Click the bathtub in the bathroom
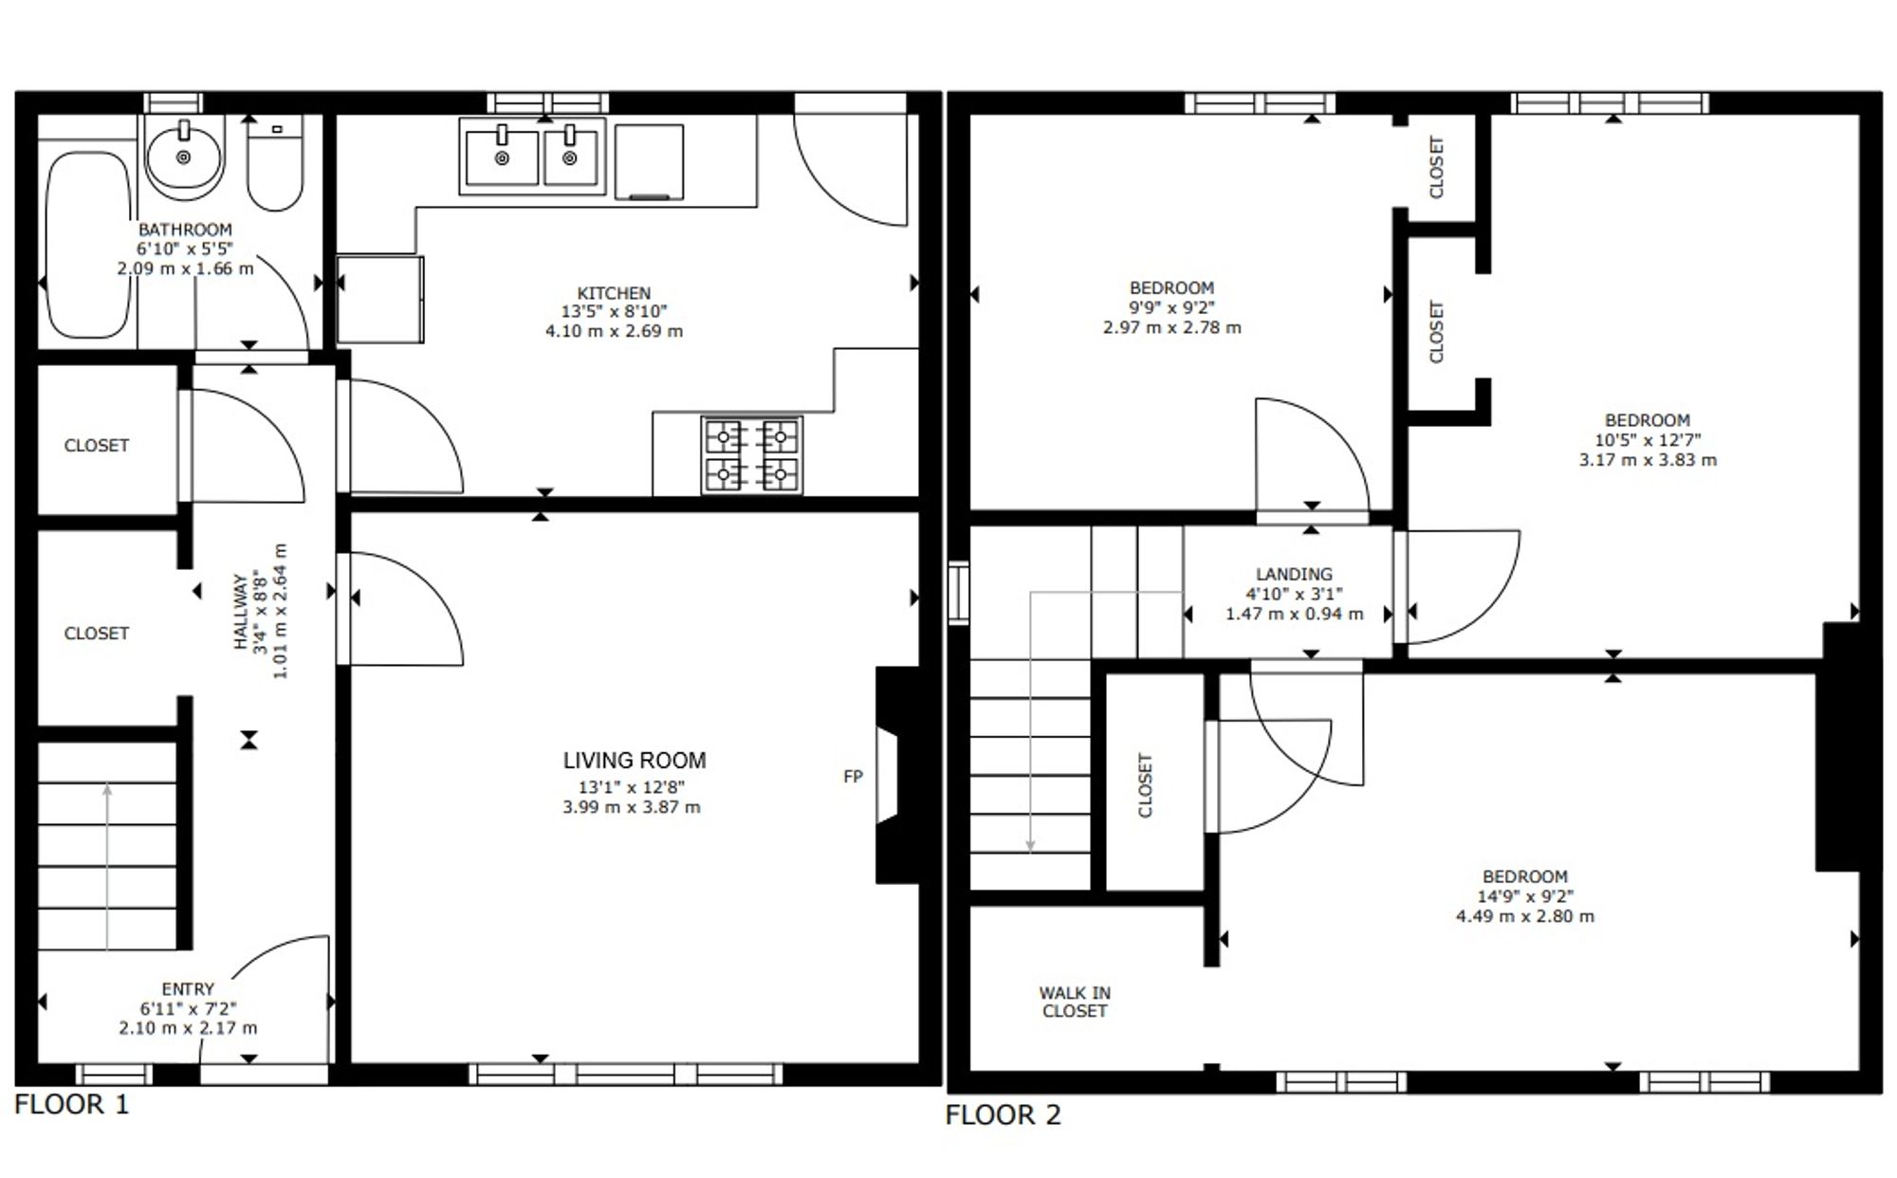click(x=88, y=245)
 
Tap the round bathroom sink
click(x=184, y=156)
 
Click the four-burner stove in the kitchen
click(x=752, y=455)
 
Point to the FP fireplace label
click(x=853, y=777)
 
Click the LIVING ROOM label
click(x=635, y=761)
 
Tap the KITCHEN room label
click(x=614, y=293)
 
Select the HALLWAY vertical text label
click(x=241, y=612)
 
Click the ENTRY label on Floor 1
click(x=188, y=989)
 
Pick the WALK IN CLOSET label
click(x=1075, y=1002)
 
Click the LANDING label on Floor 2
click(x=1294, y=574)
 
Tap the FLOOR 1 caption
click(x=71, y=1104)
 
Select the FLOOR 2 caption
click(x=1003, y=1114)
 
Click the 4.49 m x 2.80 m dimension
click(x=1525, y=916)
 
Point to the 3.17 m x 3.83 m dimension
click(x=1648, y=460)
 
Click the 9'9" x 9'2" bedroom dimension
click(x=1171, y=307)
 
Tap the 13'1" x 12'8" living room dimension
click(x=632, y=787)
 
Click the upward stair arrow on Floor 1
click(x=107, y=866)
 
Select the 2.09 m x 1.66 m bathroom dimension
click(x=185, y=268)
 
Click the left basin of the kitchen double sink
click(x=502, y=157)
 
